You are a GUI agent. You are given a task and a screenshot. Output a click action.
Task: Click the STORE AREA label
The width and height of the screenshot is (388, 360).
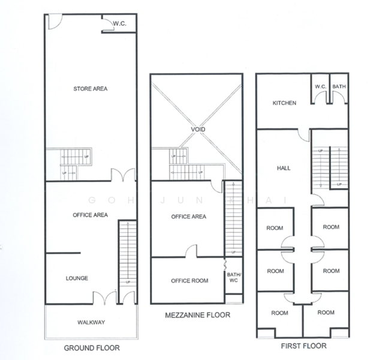click(x=90, y=89)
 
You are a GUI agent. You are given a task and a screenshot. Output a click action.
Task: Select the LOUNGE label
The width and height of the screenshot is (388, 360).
click(x=77, y=278)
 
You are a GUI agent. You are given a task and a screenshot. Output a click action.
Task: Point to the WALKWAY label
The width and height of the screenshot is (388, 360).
click(x=91, y=322)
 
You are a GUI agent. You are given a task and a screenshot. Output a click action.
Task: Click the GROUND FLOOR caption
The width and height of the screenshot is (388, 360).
click(x=91, y=347)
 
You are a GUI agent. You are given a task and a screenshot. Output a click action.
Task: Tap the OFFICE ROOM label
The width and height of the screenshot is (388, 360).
click(x=189, y=281)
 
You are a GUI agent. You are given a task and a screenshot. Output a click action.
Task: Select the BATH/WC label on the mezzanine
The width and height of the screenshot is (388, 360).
click(x=233, y=278)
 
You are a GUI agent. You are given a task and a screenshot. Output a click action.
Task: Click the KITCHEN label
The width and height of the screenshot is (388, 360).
click(x=284, y=103)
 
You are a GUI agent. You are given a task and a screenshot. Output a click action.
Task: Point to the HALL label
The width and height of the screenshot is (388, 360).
click(x=284, y=168)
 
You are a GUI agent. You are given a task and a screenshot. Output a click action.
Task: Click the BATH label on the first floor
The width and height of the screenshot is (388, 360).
click(x=339, y=86)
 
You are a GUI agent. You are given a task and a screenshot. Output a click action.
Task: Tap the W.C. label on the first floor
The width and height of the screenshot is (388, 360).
click(x=320, y=86)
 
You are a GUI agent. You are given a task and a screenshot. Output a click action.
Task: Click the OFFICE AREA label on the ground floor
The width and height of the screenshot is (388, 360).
click(x=90, y=214)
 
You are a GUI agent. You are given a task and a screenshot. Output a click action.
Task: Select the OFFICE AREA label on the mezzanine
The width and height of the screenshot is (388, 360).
click(x=189, y=217)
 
